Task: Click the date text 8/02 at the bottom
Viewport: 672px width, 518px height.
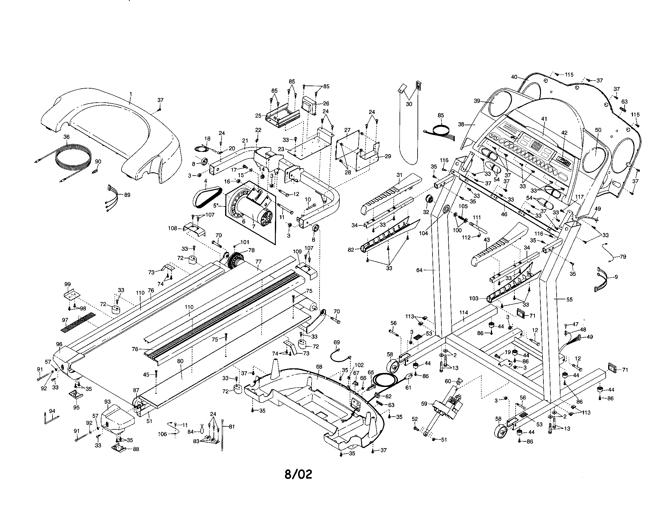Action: pyautogui.click(x=298, y=474)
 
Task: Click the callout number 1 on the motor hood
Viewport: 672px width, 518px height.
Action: pyautogui.click(x=130, y=93)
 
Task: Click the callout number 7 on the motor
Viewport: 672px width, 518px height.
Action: pyautogui.click(x=254, y=218)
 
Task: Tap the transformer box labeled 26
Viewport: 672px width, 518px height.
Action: pyautogui.click(x=309, y=106)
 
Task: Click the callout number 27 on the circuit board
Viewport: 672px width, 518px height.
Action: pyautogui.click(x=347, y=130)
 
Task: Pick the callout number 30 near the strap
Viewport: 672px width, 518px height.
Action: pyautogui.click(x=409, y=104)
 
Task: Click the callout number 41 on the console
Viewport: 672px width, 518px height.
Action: pyautogui.click(x=544, y=118)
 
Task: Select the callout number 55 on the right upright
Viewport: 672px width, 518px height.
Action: pyautogui.click(x=570, y=299)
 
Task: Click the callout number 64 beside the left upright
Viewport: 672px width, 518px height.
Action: pyautogui.click(x=419, y=270)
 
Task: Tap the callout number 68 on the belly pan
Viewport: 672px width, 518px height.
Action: pyautogui.click(x=319, y=367)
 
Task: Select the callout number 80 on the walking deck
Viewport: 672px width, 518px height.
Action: pyautogui.click(x=180, y=361)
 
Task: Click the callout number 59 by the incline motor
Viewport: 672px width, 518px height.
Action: pyautogui.click(x=424, y=403)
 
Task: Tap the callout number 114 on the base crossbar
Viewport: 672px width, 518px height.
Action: pyautogui.click(x=464, y=312)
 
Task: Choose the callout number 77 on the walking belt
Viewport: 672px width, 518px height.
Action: pyautogui.click(x=258, y=262)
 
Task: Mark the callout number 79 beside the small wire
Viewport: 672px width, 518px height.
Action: pyautogui.click(x=623, y=256)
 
